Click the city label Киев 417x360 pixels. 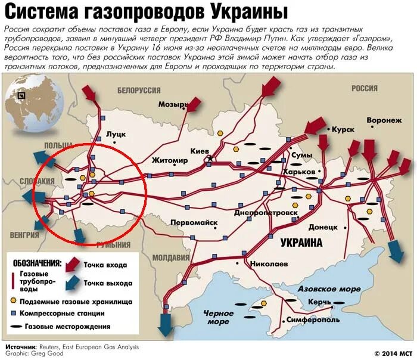pos(199,151)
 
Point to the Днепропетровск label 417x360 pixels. pos(266,212)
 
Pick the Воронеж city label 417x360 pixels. pos(384,120)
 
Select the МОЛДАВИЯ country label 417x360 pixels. pos(170,257)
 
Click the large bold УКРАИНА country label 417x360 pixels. pos(301,243)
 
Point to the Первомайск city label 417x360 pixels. pos(194,222)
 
